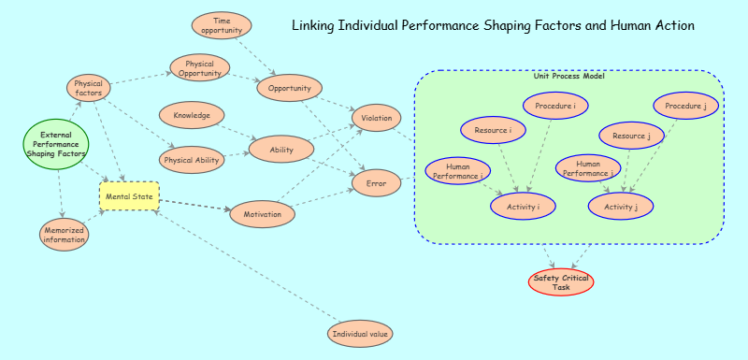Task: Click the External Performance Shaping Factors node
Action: click(55, 144)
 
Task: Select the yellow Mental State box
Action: click(130, 196)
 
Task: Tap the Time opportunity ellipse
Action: click(222, 25)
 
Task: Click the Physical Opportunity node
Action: click(200, 68)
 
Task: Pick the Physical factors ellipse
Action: click(90, 88)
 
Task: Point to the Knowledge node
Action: click(192, 116)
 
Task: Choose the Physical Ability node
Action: click(192, 161)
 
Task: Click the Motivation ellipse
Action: click(263, 215)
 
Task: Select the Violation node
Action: click(376, 119)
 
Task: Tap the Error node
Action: click(376, 183)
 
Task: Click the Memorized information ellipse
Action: click(65, 235)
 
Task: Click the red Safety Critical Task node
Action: click(561, 281)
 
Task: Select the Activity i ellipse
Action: click(523, 207)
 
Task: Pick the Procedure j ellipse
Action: click(685, 107)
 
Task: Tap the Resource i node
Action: click(493, 130)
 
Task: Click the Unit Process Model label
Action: click(568, 76)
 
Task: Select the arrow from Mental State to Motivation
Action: click(194, 206)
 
